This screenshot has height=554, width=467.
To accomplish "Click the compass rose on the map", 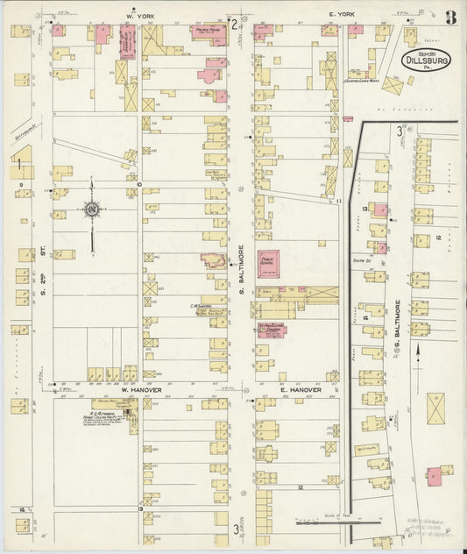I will coord(91,210).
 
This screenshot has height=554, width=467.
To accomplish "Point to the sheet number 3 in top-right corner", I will coord(449,16).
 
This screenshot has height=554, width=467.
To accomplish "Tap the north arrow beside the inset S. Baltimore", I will coord(419,351).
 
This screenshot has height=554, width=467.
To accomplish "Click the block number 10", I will coord(138,184).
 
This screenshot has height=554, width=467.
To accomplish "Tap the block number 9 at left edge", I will coord(18,184).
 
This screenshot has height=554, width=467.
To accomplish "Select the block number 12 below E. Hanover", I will coord(299,487).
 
